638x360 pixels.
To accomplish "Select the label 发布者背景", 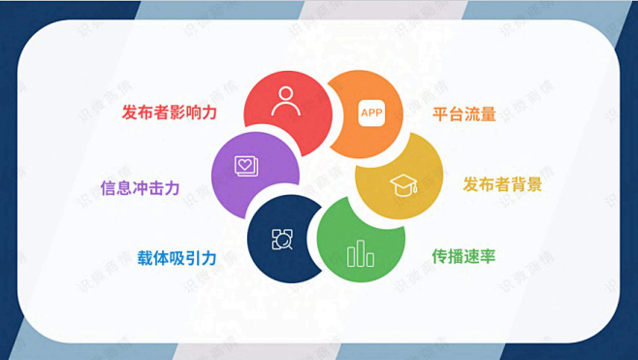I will [501, 184].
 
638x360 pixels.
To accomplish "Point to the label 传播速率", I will [463, 257].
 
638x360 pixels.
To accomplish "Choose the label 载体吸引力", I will [176, 257].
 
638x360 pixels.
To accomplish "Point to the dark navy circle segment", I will [281, 238].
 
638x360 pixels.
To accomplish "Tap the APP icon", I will [371, 114].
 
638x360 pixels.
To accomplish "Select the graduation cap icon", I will [402, 184].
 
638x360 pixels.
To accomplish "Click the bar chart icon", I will [361, 253].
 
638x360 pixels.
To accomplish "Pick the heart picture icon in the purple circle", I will [246, 166].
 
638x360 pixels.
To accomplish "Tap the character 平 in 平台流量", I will [440, 115].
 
